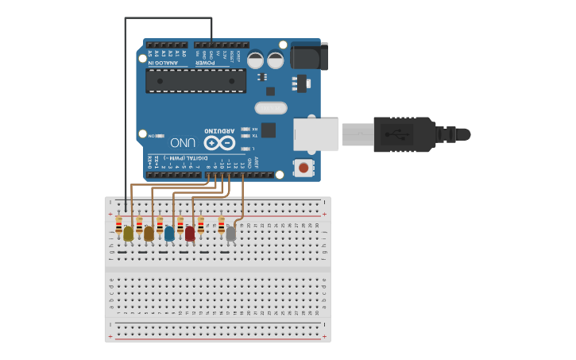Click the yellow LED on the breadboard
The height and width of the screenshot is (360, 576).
pos(128,233)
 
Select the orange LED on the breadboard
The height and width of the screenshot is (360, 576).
pos(149,233)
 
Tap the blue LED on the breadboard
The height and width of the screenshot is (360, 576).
pos(169,233)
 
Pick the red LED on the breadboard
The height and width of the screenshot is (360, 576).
pos(190,233)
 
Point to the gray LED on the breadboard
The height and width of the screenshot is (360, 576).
pos(231,233)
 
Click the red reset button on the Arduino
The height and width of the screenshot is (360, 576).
pos(303,168)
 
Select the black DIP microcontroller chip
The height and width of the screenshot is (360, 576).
pos(195,80)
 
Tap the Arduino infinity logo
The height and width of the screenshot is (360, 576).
pos(218,143)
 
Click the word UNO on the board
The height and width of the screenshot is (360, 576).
pos(183,143)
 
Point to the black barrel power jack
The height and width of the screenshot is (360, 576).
pos(309,55)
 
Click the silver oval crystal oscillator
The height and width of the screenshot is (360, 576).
pos(270,107)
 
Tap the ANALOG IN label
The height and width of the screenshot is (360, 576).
pos(164,62)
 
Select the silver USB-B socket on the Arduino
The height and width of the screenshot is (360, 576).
pos(315,134)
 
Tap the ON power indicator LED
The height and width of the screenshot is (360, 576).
pos(160,135)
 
